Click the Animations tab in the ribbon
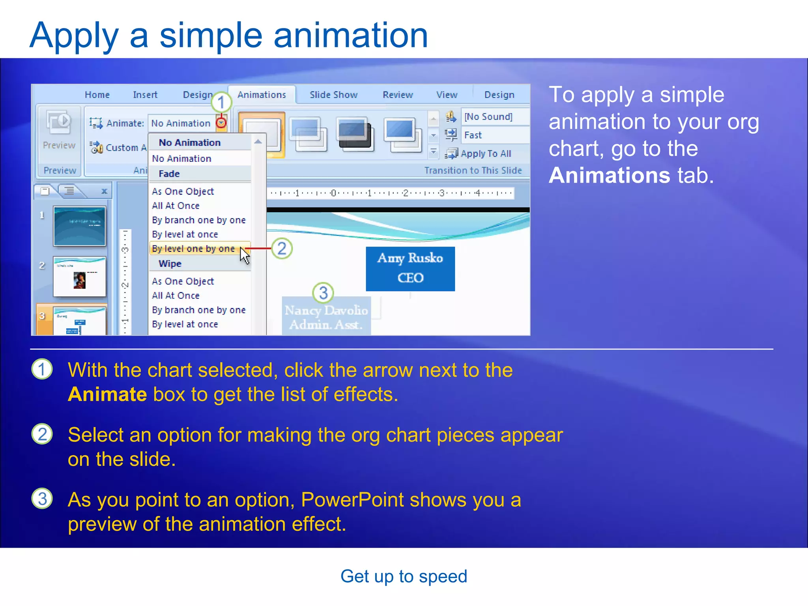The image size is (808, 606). tap(262, 95)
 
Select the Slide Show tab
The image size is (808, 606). tap(333, 95)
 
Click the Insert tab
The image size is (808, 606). tap(145, 95)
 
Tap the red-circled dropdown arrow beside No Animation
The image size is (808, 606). tap(221, 123)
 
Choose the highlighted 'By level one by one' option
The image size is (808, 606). tap(193, 249)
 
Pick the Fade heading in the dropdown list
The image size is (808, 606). tap(169, 174)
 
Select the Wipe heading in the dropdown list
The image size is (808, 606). tap(170, 264)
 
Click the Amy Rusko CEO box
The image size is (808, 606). tap(410, 269)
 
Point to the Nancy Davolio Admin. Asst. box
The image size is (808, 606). tap(326, 317)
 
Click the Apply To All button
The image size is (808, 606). tap(485, 153)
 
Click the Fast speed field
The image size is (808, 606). tap(473, 135)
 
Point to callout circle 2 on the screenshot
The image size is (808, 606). tap(282, 249)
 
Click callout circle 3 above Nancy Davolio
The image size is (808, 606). tap(323, 293)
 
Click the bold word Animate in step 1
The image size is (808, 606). tap(107, 395)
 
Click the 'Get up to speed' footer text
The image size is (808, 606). tap(404, 576)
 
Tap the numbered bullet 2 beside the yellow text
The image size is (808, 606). tap(42, 434)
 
